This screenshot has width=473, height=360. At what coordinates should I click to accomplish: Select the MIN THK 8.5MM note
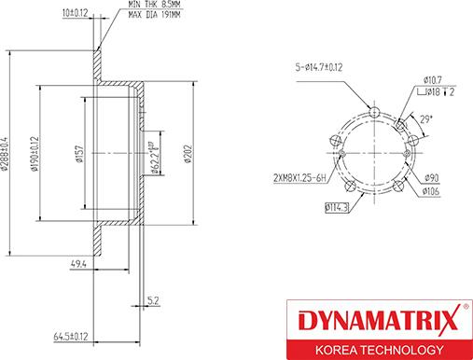click(156, 7)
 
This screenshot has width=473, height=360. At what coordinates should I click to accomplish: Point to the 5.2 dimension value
click(153, 300)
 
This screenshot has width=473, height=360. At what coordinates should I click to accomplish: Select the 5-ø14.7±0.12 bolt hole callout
click(316, 66)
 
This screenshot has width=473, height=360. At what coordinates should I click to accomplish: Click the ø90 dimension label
click(431, 177)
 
